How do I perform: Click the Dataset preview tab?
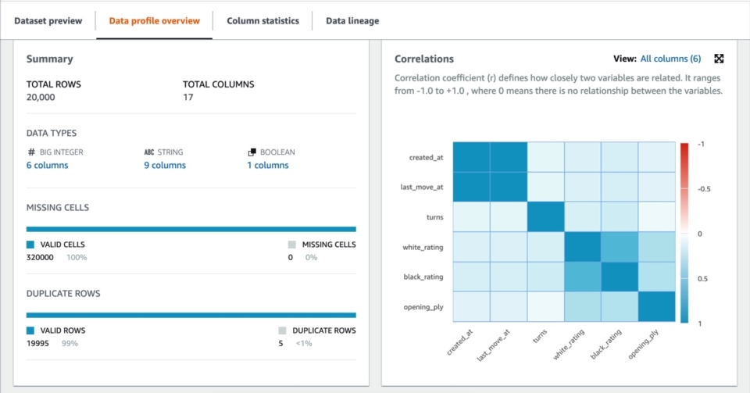tap(48, 21)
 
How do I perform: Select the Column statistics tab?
tap(262, 21)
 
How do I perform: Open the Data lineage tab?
tap(352, 21)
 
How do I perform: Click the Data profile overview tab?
tap(154, 21)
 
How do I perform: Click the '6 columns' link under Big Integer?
tap(47, 166)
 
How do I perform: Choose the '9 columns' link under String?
tap(164, 166)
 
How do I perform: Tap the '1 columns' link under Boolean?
tap(268, 166)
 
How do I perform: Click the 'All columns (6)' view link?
tap(670, 59)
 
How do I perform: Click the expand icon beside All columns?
tap(720, 59)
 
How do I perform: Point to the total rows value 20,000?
tap(41, 97)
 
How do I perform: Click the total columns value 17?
tap(188, 97)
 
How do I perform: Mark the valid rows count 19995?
tap(41, 343)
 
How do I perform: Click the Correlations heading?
tap(423, 59)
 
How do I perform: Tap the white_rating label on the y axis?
tap(423, 247)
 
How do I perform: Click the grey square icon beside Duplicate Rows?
tap(283, 330)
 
